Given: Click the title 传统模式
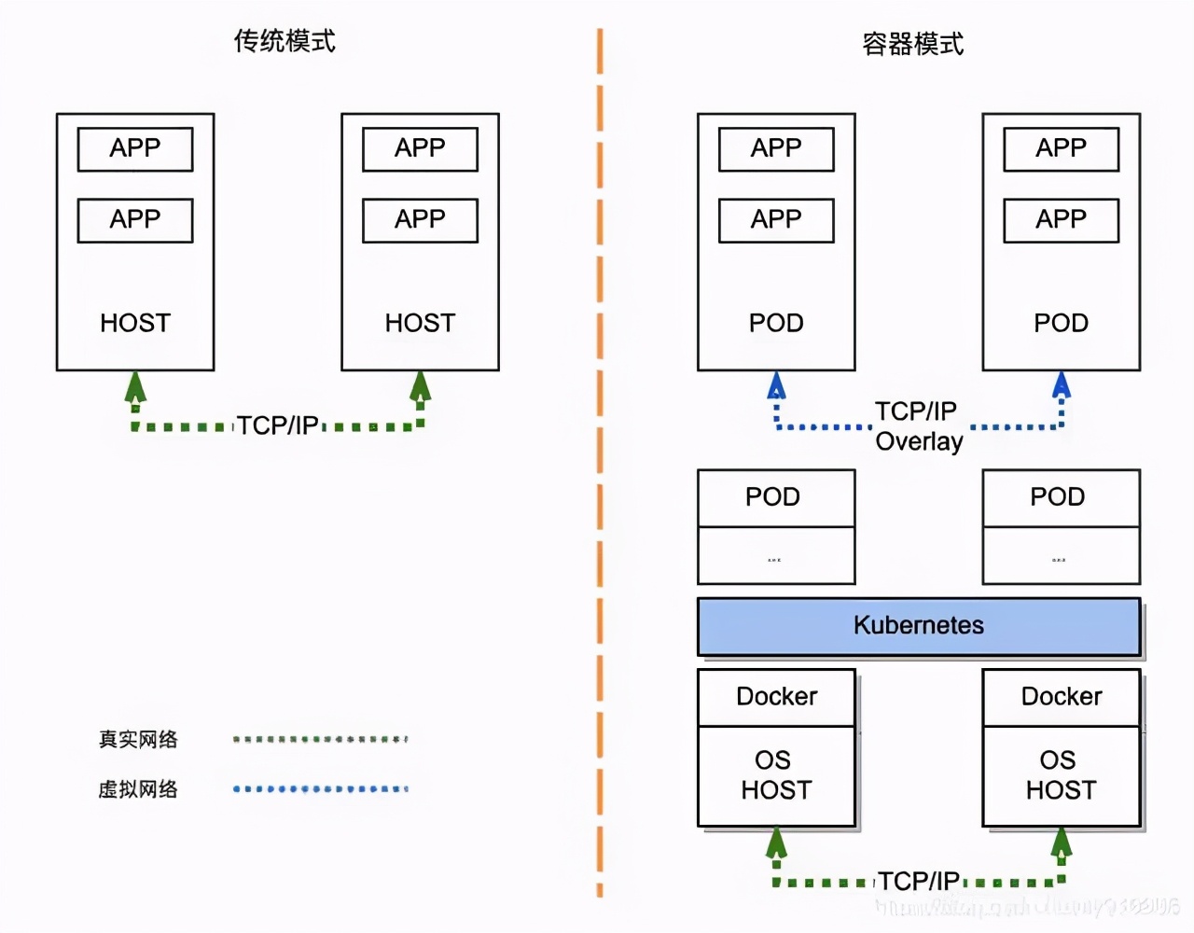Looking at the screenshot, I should tap(285, 42).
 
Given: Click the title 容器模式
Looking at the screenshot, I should tap(912, 44).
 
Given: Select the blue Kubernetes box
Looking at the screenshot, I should tap(919, 626).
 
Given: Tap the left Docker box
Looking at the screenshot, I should tap(776, 697).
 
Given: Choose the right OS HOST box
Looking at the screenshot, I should tap(1061, 775).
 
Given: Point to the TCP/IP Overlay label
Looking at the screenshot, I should tap(918, 426).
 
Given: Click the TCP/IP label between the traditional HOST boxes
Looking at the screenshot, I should tap(277, 425).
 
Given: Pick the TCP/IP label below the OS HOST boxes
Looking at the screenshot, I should tap(918, 881).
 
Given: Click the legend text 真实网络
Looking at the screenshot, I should tap(138, 740).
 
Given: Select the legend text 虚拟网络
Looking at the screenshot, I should tap(138, 789).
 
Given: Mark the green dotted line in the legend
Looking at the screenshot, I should tap(320, 739).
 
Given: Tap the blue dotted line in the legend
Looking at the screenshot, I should tap(320, 789).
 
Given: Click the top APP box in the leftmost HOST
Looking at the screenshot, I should tap(135, 149).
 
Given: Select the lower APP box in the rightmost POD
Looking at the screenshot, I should tap(1061, 220).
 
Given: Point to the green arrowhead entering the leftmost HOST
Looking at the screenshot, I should tap(136, 386).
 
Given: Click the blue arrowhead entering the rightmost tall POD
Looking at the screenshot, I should tap(1061, 384).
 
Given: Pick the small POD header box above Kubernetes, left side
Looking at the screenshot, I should tap(776, 497).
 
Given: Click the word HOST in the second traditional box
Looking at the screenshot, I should tap(420, 323).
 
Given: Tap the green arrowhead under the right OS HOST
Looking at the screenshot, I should tap(1061, 842).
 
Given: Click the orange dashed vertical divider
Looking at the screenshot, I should tap(600, 466).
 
